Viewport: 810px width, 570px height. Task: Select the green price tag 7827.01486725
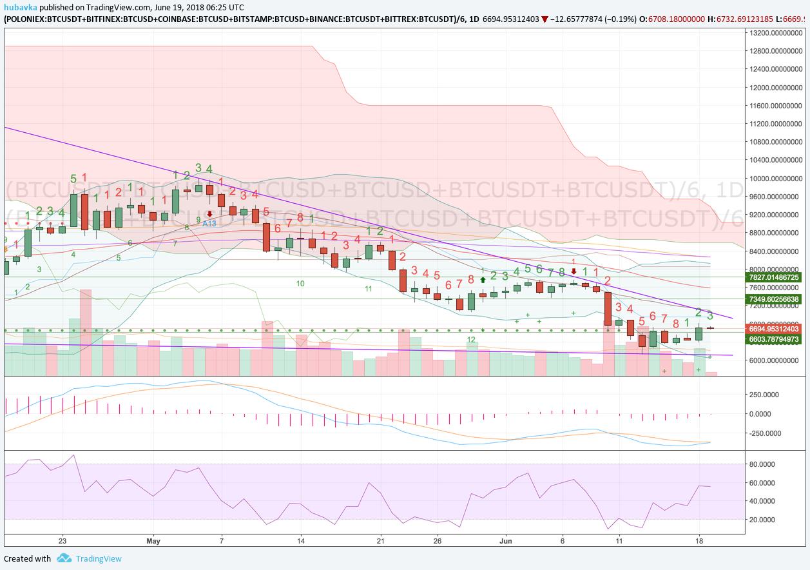pyautogui.click(x=773, y=277)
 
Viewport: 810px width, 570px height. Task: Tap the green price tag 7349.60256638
pyautogui.click(x=773, y=299)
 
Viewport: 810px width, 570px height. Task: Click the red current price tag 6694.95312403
pyautogui.click(x=773, y=328)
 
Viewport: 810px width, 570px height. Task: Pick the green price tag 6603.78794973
pyautogui.click(x=773, y=339)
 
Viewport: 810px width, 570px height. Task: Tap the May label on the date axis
pyautogui.click(x=153, y=540)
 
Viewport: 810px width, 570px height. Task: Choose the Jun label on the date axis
pyautogui.click(x=506, y=540)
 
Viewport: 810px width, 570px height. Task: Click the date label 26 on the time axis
pyautogui.click(x=438, y=540)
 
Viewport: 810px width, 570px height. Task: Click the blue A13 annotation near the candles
pyautogui.click(x=209, y=223)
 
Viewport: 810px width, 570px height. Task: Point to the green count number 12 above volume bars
pyautogui.click(x=471, y=339)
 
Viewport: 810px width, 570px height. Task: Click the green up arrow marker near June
pyautogui.click(x=482, y=280)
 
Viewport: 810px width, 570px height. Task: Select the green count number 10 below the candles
pyautogui.click(x=300, y=283)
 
